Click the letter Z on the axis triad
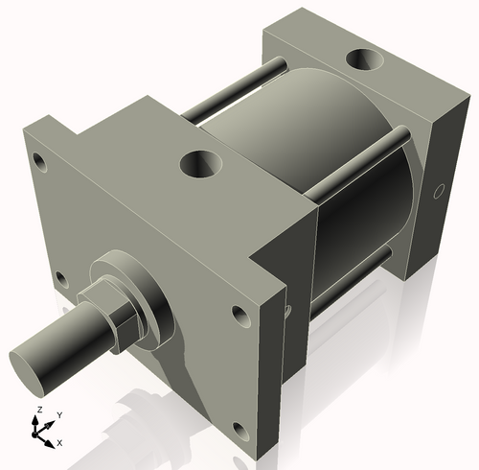(37, 410)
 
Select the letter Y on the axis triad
(58, 414)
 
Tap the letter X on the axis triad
(60, 442)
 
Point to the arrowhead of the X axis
(51, 440)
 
